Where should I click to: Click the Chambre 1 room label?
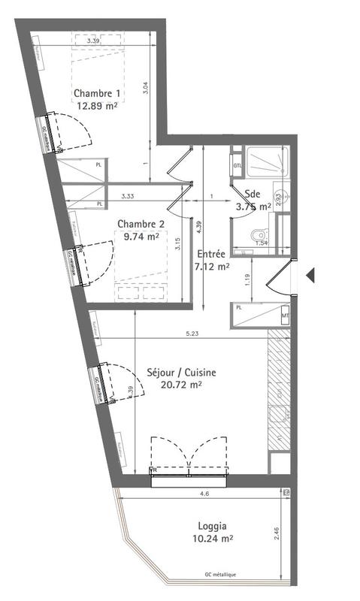coord(97,93)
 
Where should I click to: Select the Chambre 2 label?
coord(140,223)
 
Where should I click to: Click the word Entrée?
coord(212,254)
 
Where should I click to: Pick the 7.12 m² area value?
coord(213,266)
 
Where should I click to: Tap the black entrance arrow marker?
coord(310,276)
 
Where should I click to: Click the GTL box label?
coord(237,166)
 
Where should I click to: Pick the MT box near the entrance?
coord(285,316)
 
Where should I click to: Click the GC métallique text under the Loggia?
coord(220,575)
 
